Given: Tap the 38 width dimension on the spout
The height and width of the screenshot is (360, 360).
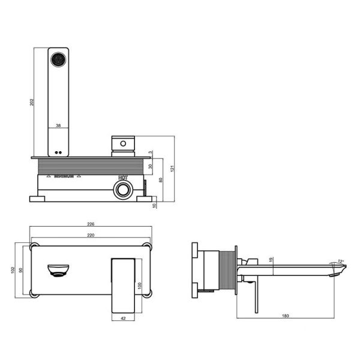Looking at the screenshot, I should (58, 125).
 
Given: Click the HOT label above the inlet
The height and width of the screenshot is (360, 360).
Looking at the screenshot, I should (123, 178).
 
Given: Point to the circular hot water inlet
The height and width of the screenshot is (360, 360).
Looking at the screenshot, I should (123, 190).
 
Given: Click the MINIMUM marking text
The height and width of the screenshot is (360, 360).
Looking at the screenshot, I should (64, 177).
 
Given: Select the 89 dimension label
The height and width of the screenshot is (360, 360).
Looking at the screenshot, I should (161, 179).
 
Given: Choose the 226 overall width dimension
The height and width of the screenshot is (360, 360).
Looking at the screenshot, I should (91, 225).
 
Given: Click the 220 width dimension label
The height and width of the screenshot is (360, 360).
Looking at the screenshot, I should (91, 235).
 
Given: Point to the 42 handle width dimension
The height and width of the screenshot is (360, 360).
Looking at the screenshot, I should (124, 318).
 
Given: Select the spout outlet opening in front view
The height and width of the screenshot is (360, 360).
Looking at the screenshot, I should (58, 271).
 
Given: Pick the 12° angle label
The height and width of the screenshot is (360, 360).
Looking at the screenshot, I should (341, 262).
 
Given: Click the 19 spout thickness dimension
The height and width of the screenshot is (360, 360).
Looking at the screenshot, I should (271, 260).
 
